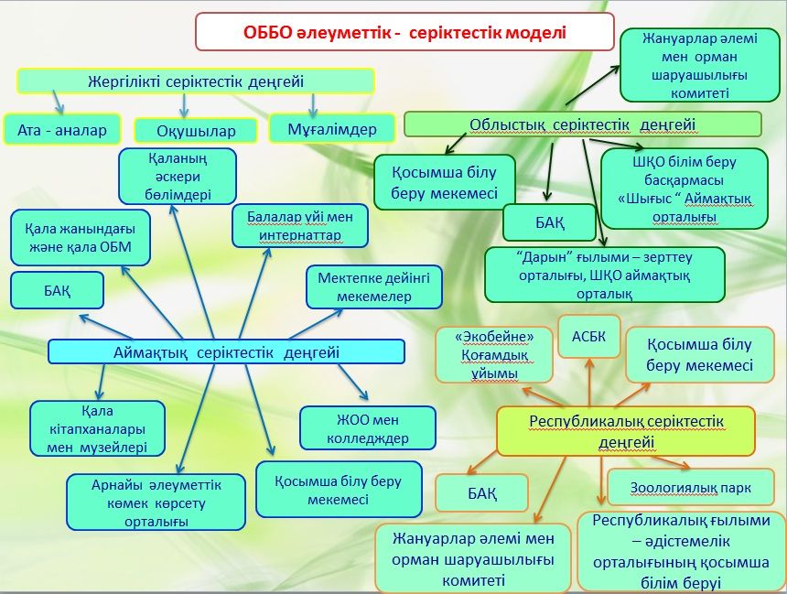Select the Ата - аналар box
[x=61, y=130]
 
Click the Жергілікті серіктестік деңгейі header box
[x=195, y=81]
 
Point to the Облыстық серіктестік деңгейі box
[x=582, y=124]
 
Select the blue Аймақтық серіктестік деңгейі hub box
[x=226, y=351]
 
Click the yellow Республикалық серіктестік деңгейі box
[x=625, y=431]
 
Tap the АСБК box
[x=588, y=336]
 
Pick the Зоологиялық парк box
[x=690, y=488]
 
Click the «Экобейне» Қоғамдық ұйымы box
[x=497, y=355]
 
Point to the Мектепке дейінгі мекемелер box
[x=367, y=286]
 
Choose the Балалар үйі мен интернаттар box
[x=300, y=226]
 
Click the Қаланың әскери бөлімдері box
[x=178, y=176]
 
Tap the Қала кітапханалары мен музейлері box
[x=97, y=428]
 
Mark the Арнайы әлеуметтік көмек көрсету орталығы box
[x=156, y=502]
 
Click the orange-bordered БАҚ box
[x=482, y=493]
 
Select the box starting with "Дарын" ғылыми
[x=604, y=275]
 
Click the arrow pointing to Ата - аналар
[x=59, y=100]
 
